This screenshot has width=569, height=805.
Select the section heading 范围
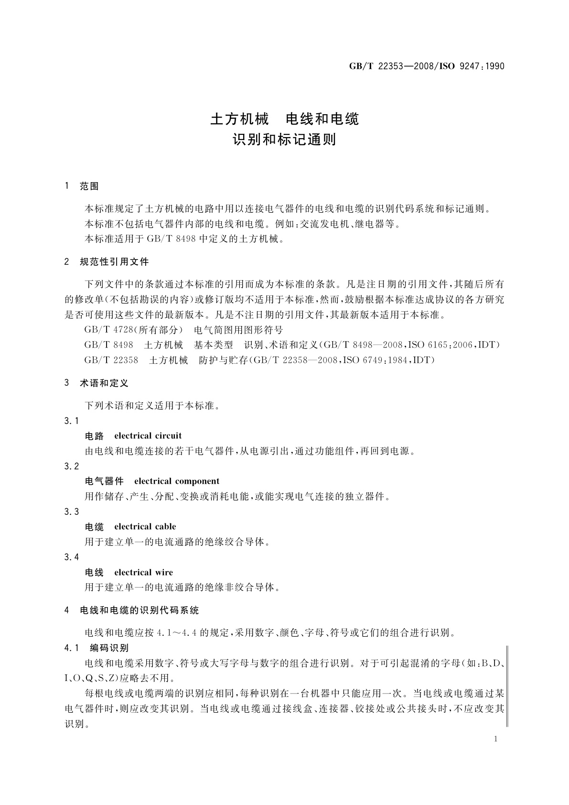point(89,186)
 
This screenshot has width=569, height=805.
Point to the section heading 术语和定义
point(104,383)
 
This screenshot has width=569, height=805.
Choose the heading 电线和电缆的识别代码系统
point(139,610)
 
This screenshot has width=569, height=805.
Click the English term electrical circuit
point(148,435)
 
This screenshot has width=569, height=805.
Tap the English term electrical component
point(177,481)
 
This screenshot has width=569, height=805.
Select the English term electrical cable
point(145,526)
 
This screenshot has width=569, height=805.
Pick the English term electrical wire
point(144,572)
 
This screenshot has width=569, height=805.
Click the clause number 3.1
point(71,421)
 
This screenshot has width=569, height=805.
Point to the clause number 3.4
point(71,557)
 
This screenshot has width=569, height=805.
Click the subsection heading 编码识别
point(109,648)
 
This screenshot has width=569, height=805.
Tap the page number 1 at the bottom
point(495,739)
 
